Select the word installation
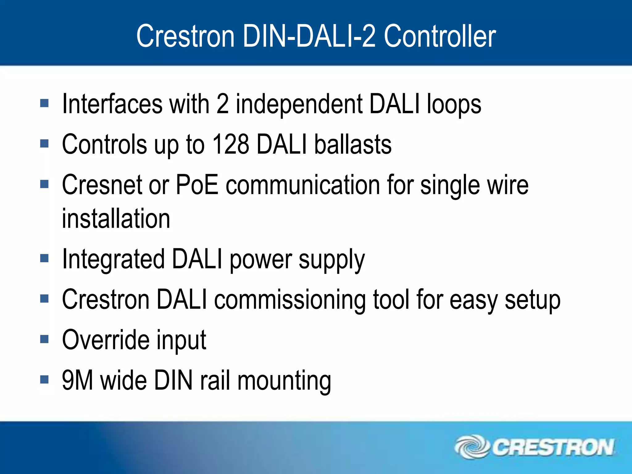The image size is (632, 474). pyautogui.click(x=116, y=218)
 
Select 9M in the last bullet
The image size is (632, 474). pyautogui.click(x=77, y=380)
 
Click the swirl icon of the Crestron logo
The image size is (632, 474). pyautogui.click(x=472, y=447)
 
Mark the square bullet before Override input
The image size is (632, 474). pyautogui.click(x=44, y=339)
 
